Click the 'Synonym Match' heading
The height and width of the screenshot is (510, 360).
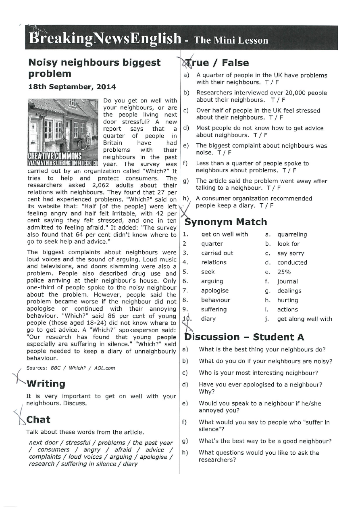click(225, 222)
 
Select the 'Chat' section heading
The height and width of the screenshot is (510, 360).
click(38, 419)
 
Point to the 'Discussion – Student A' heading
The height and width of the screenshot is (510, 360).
click(244, 337)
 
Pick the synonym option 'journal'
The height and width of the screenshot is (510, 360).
click(287, 281)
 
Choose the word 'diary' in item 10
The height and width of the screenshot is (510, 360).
click(208, 319)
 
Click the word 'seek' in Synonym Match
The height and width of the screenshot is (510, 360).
click(208, 272)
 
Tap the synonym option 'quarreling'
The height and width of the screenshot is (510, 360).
click(292, 234)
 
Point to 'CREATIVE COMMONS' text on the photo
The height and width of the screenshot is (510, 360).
click(55, 156)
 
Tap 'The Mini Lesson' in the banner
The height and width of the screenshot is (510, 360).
click(231, 40)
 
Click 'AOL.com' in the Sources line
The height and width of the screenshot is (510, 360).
click(105, 368)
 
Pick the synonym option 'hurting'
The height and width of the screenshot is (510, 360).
click(287, 300)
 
